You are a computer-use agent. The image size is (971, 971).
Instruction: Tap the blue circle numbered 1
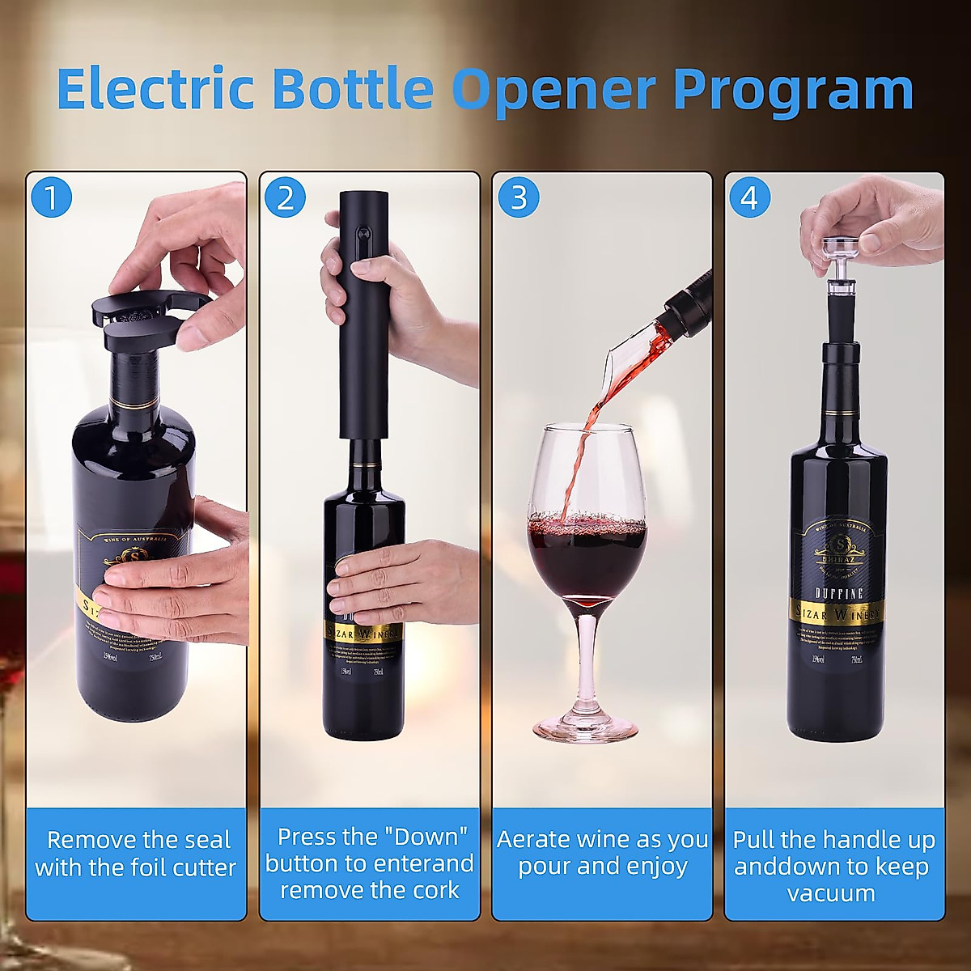(x=52, y=197)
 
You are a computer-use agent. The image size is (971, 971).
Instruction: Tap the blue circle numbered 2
(x=285, y=197)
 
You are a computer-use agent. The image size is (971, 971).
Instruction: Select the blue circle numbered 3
(x=519, y=197)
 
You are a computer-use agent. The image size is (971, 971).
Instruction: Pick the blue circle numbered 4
(x=749, y=197)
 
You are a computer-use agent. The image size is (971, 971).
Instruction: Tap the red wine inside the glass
(x=587, y=558)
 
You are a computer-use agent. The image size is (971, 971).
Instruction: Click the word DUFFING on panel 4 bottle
(x=837, y=593)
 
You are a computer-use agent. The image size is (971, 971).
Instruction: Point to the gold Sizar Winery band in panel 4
(x=837, y=613)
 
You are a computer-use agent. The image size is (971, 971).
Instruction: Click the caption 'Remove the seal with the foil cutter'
(x=136, y=854)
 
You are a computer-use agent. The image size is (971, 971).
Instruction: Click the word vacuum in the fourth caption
(x=831, y=893)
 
